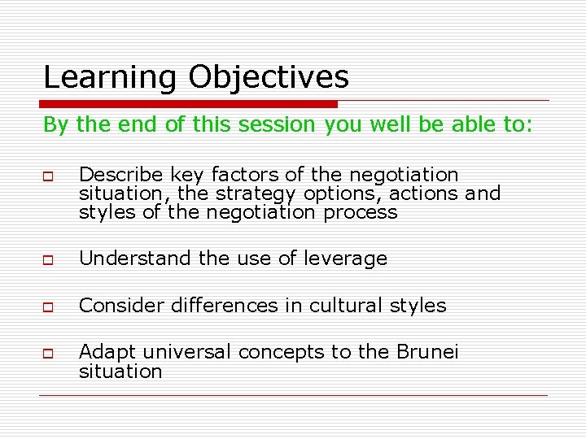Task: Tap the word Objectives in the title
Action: [x=269, y=78]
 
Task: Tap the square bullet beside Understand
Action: [x=49, y=260]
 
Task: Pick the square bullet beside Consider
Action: [x=49, y=307]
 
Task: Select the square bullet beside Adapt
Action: [x=49, y=354]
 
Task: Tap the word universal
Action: [x=181, y=352]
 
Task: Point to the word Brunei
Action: [x=427, y=352]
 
